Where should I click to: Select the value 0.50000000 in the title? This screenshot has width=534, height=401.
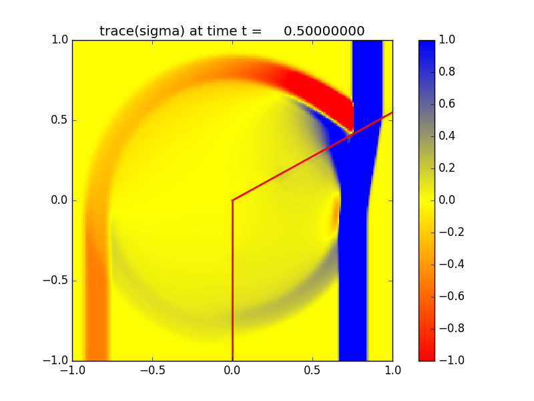click(324, 31)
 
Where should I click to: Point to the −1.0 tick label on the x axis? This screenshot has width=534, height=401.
click(72, 369)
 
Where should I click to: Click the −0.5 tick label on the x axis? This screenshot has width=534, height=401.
click(152, 369)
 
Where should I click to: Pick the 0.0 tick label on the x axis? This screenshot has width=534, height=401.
click(232, 369)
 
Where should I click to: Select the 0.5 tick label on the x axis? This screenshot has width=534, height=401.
click(312, 369)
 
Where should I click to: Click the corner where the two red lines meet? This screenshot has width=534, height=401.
click(232, 200)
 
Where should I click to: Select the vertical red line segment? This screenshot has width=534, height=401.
click(232, 281)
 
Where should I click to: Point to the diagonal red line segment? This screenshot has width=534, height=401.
click(312, 156)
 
